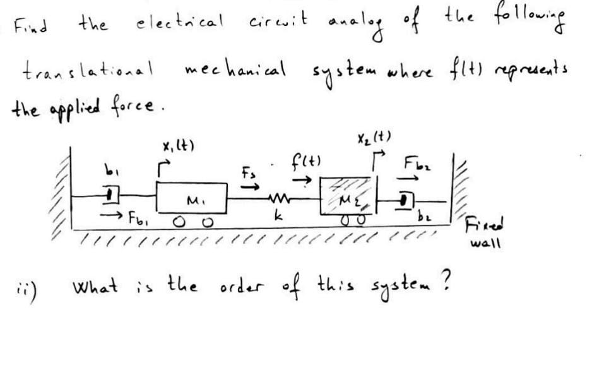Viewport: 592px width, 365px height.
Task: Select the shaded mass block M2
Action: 345,198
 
